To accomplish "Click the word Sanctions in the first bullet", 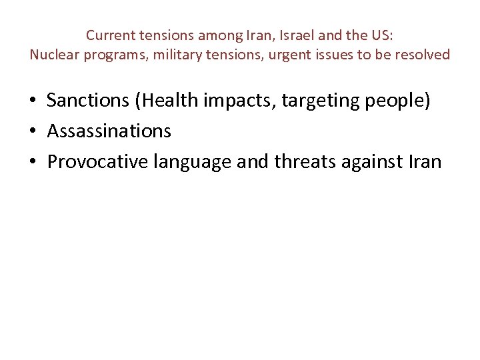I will point(89,101).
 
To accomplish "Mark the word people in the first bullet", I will point(399,101).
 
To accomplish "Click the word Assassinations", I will point(109,131).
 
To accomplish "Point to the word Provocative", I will point(97,161).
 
